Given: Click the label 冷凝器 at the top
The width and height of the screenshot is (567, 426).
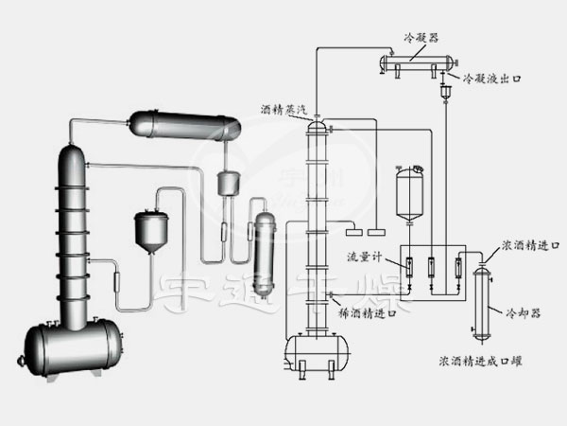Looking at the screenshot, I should [x=420, y=37].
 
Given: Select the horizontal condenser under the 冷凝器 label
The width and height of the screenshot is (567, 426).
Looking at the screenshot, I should [x=412, y=63].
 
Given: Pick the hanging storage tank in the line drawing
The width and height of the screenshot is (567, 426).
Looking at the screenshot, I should [x=410, y=191].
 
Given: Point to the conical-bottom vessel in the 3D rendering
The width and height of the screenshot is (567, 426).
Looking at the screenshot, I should [x=149, y=228].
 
